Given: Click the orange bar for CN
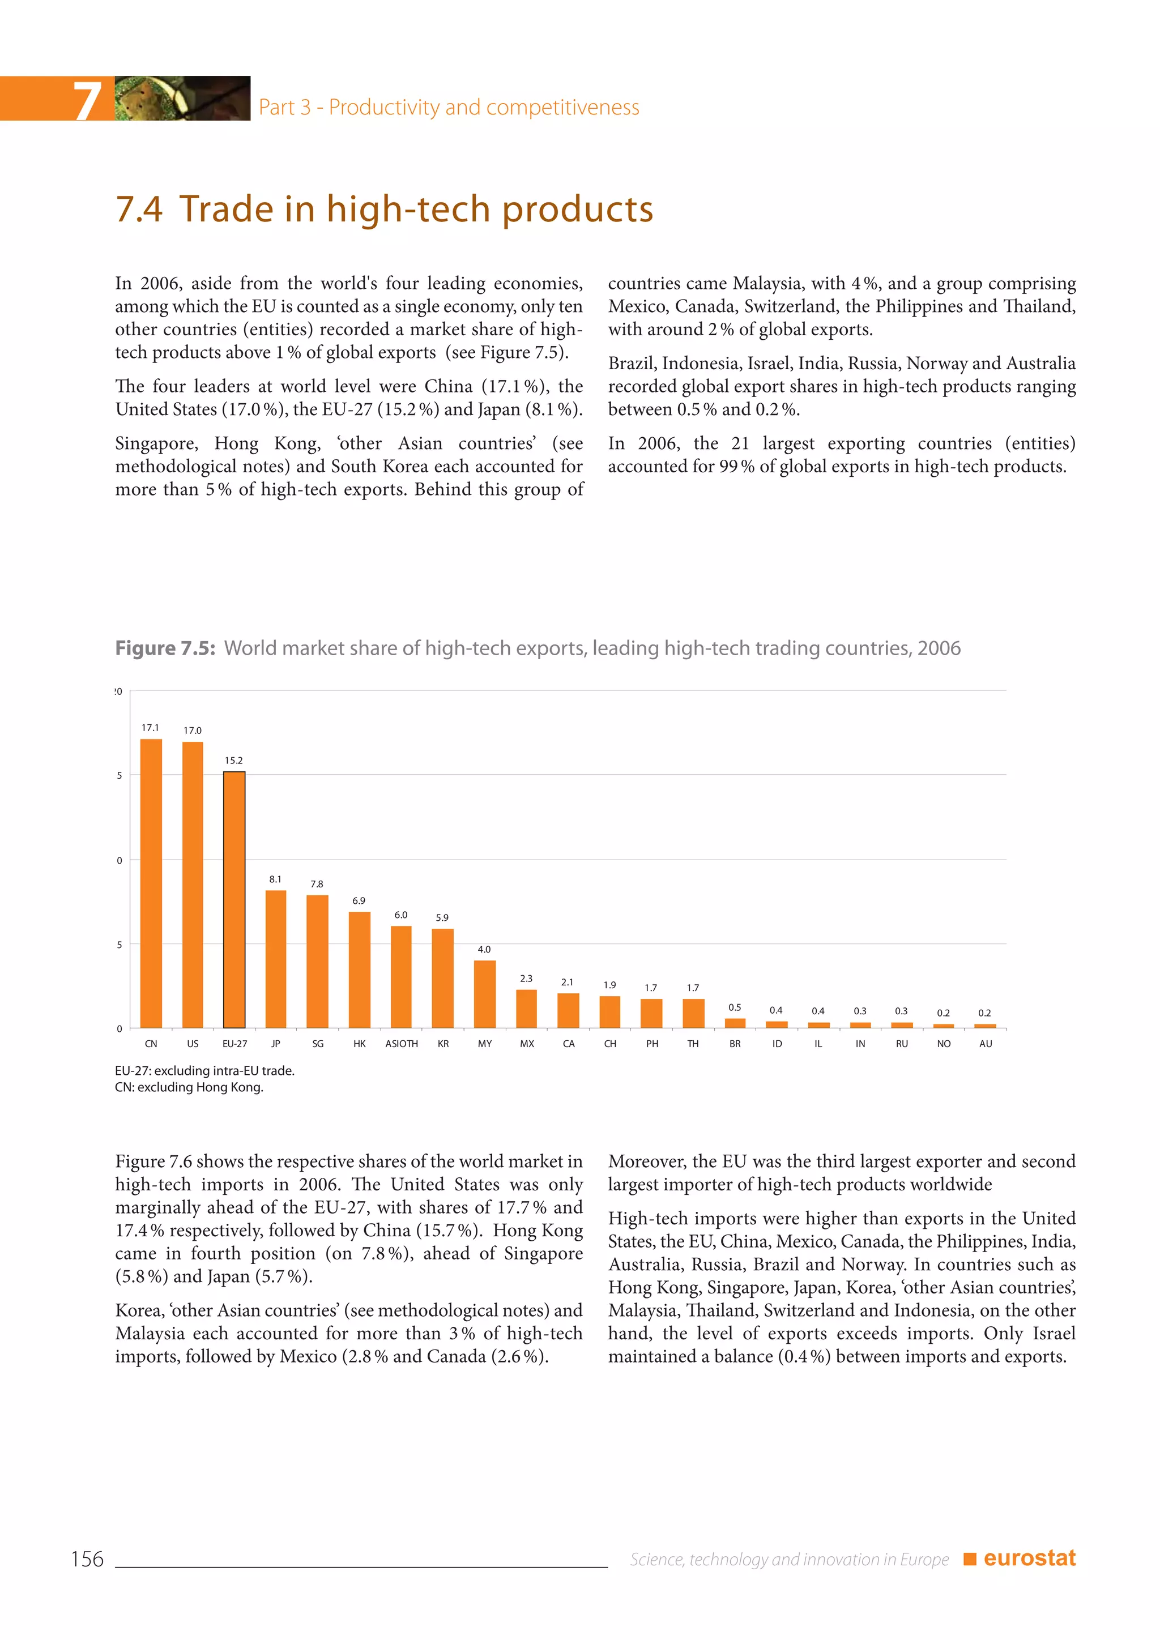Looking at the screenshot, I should [x=151, y=883].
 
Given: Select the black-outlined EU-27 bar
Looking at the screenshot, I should [x=234, y=899].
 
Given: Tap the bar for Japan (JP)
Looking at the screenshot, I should [x=276, y=959].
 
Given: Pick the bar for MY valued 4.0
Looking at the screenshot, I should [x=484, y=994].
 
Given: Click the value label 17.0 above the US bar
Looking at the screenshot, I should [x=192, y=730].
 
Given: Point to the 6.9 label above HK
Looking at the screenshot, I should [x=359, y=901].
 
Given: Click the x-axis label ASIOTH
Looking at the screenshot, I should [x=402, y=1044].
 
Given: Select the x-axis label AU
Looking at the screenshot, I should [x=985, y=1044].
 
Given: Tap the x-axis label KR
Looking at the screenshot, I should [x=443, y=1044].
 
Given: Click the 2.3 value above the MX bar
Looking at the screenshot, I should [x=526, y=979].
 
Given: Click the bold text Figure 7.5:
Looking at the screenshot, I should [x=165, y=648].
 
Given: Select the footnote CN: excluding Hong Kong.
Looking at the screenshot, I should [x=189, y=1087].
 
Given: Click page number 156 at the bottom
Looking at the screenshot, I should [x=87, y=1559].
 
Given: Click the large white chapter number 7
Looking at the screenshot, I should [x=87, y=100].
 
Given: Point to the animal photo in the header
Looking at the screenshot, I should [x=182, y=98].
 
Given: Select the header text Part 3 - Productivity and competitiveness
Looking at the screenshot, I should [x=449, y=107].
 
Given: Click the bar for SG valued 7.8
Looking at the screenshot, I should [x=317, y=962].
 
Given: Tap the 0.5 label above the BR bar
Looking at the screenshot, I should [x=734, y=1007].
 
